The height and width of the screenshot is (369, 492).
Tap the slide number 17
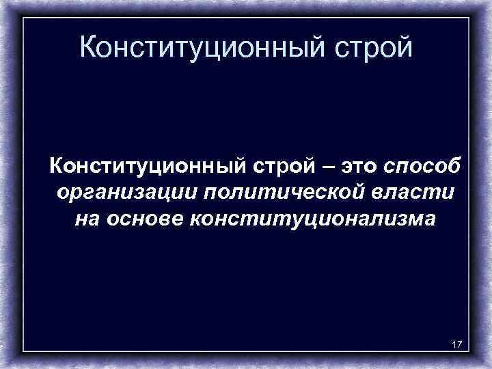456,344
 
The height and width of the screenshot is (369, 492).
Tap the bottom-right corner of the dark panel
470,352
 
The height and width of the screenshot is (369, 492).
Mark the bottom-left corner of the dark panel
23,352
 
